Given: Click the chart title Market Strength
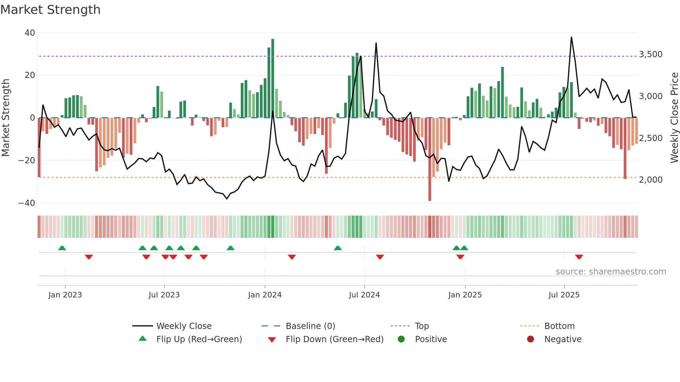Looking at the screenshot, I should coord(50,10).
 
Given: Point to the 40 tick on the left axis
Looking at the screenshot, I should coord(30,33).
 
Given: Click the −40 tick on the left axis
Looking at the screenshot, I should coord(27,203).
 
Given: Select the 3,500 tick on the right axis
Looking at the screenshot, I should coord(651,54).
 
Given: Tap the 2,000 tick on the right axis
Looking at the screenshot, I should coord(651,180).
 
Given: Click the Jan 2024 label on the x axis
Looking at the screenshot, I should coord(265,295).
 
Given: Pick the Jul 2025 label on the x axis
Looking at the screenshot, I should coord(564,295).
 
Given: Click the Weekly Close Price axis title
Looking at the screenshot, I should coord(674,118).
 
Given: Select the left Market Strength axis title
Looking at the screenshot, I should coord(6,118).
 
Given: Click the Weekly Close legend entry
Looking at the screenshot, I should coord(184,326).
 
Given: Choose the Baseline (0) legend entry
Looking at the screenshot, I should coord(310,326).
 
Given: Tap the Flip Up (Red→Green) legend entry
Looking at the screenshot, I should coord(199,339).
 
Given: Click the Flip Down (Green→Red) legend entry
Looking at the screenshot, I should coord(334,339).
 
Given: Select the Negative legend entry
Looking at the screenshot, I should coord(562,339).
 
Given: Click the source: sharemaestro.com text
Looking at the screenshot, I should coord(611,272).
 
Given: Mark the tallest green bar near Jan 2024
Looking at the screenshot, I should coord(273,78).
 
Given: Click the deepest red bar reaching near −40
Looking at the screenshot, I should coord(430,159).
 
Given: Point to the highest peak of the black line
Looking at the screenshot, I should coord(571,37).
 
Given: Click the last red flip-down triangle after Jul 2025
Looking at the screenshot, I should coord(579,257).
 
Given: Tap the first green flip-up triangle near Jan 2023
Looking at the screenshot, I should coord(62,248).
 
